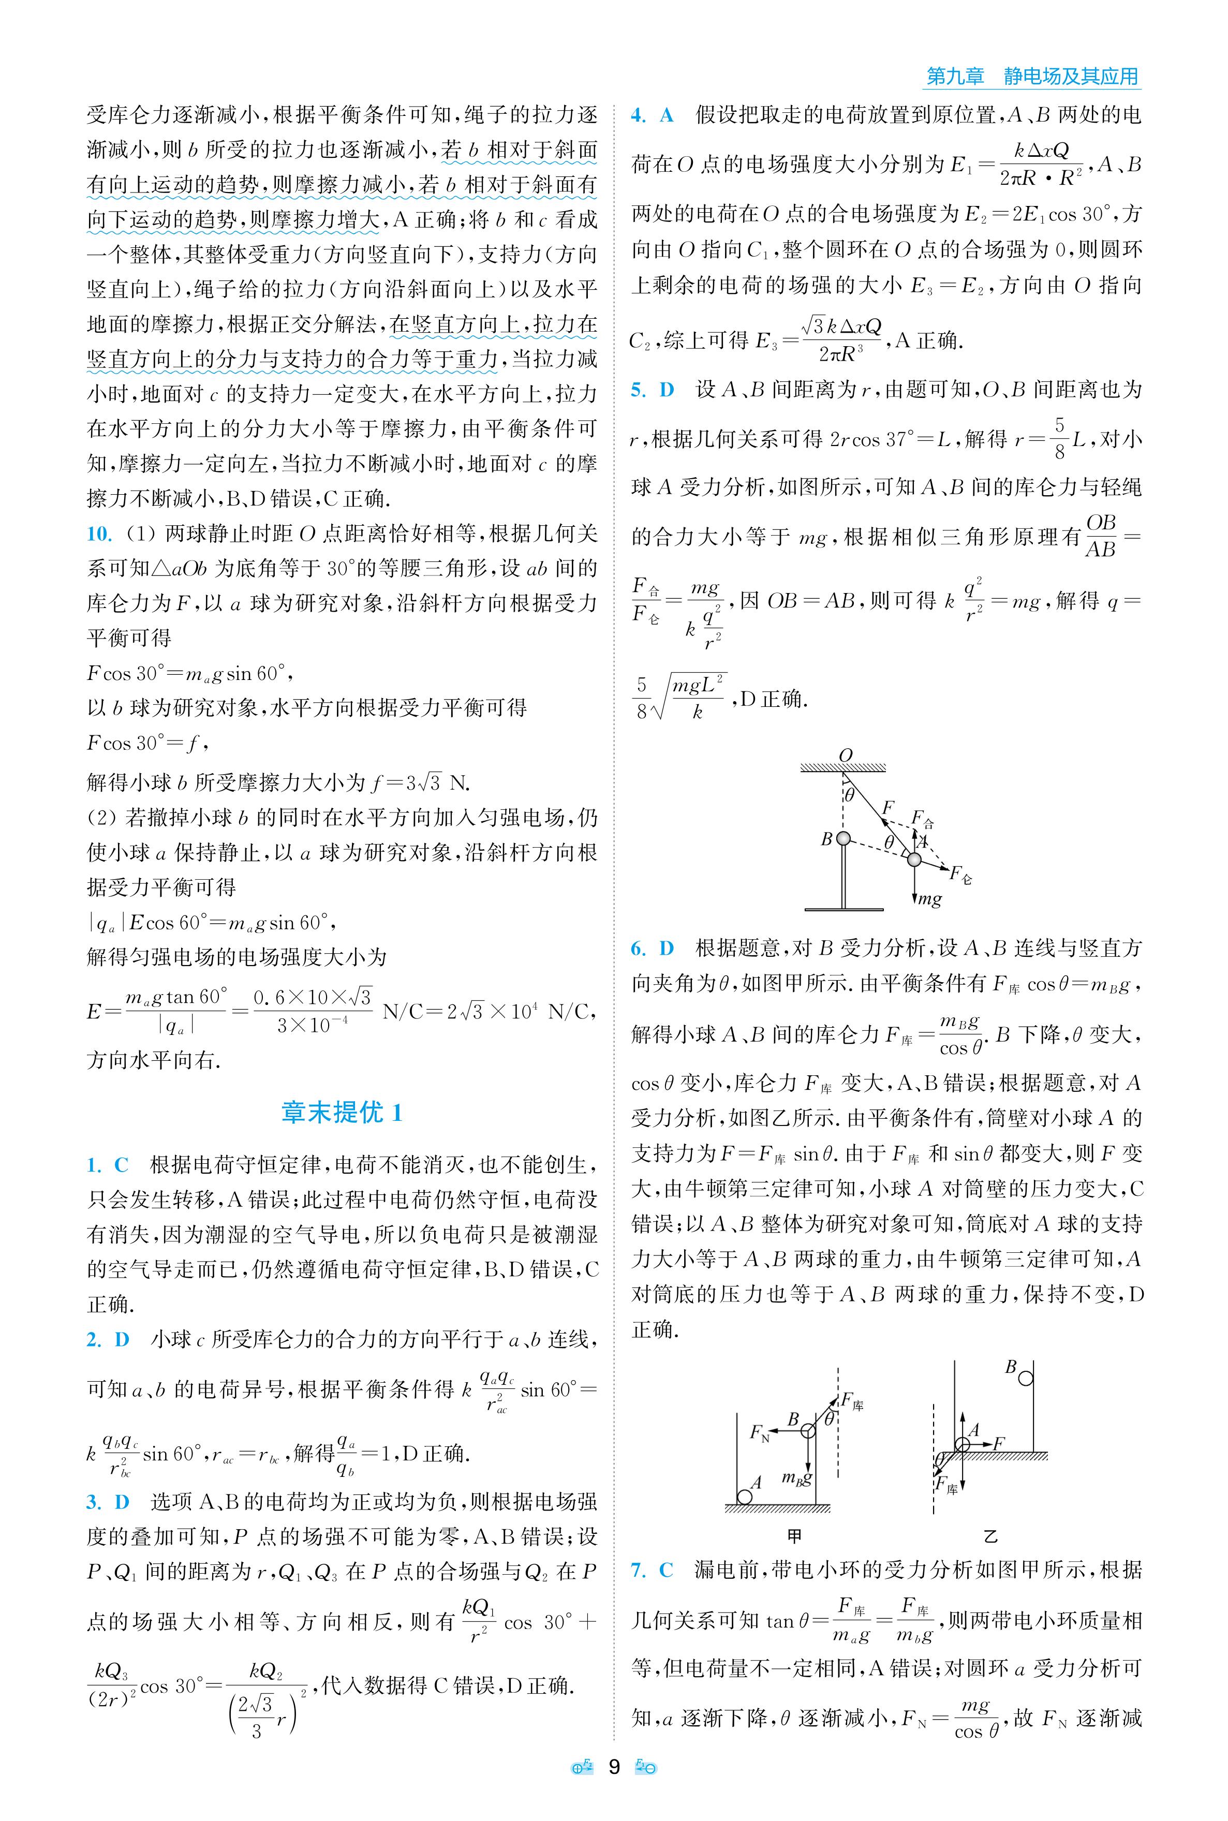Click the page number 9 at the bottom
(x=614, y=1767)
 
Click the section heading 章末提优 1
(x=342, y=1112)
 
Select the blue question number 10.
(x=99, y=534)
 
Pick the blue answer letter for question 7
(x=667, y=1570)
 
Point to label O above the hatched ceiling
(x=845, y=755)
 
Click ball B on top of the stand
(x=842, y=839)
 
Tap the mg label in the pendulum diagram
(x=929, y=899)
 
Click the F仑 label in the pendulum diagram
(x=961, y=874)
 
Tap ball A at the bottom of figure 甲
(x=744, y=1497)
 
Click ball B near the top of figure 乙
(x=1025, y=1377)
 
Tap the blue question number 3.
(x=94, y=1501)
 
